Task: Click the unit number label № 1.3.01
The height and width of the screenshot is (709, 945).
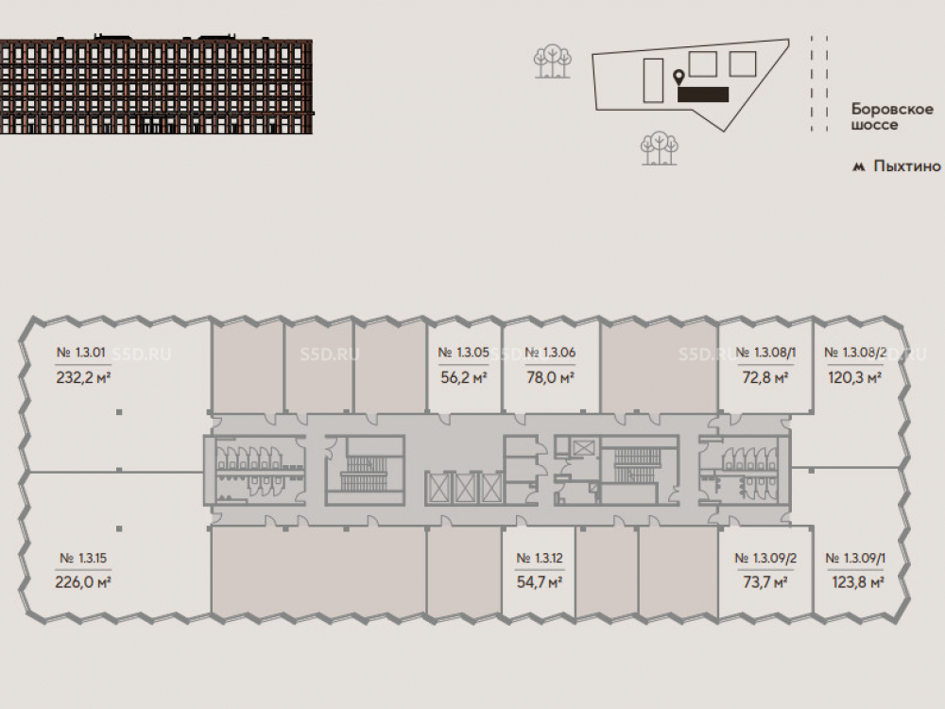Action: click(x=84, y=354)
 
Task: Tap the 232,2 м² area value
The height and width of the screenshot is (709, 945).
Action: click(x=84, y=376)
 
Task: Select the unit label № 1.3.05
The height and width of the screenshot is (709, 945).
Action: click(x=463, y=354)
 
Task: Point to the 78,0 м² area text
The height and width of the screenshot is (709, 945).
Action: click(x=550, y=377)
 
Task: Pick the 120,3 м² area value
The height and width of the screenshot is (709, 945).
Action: click(x=855, y=377)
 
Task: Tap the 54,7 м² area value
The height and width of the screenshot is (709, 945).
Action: click(x=540, y=582)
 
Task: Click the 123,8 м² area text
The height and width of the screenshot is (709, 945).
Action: click(x=855, y=582)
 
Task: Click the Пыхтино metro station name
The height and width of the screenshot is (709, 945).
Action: click(x=907, y=166)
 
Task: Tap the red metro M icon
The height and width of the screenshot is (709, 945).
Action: click(x=859, y=167)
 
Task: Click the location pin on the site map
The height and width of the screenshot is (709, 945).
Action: click(x=678, y=78)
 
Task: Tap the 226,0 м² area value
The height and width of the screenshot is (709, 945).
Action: click(x=84, y=582)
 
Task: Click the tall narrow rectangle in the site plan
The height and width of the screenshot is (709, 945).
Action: click(x=652, y=80)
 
